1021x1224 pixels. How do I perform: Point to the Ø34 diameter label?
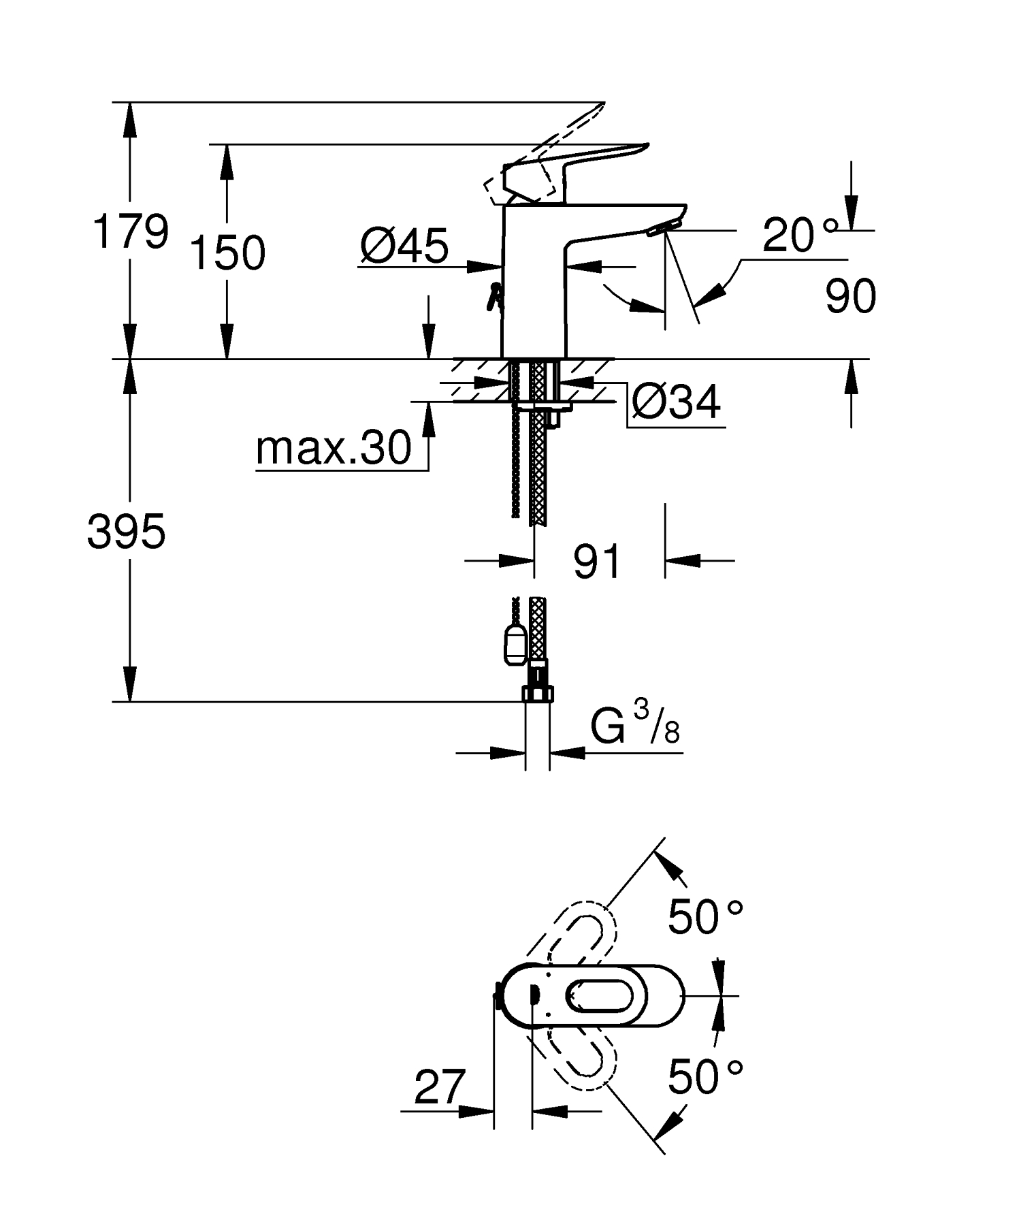coord(675,402)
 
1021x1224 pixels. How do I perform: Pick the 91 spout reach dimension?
coord(597,562)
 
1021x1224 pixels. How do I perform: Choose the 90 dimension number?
coord(850,296)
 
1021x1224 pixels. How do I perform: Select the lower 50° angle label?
coord(704,1076)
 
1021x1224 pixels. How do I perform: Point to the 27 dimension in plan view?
coord(440,1087)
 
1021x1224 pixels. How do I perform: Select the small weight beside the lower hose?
coord(515,643)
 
